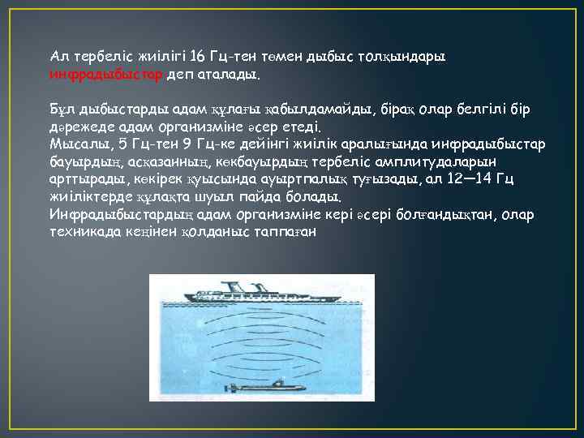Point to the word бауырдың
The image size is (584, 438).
pyautogui.click(x=83, y=161)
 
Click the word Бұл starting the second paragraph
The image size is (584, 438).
pyautogui.click(x=62, y=109)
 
